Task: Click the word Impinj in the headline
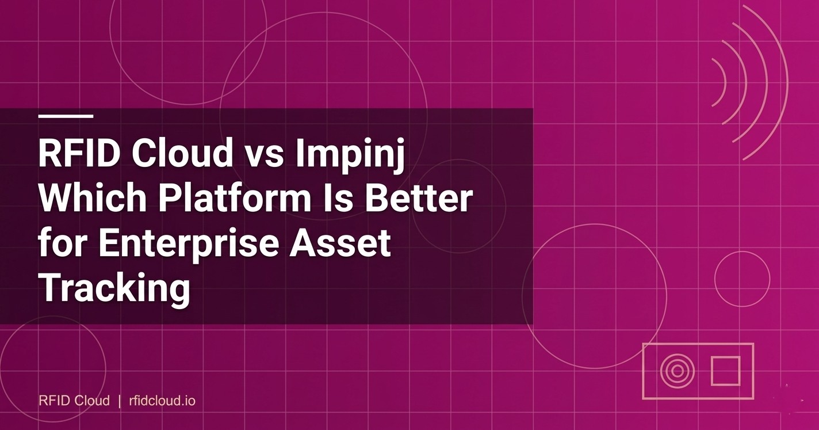pyautogui.click(x=351, y=154)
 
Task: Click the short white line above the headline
pyautogui.click(x=66, y=116)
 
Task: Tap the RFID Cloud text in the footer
pyautogui.click(x=74, y=400)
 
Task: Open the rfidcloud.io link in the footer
pyautogui.click(x=162, y=400)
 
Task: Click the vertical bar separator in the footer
pyautogui.click(x=119, y=400)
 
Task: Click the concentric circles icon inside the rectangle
pyautogui.click(x=677, y=371)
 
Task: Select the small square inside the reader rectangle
pyautogui.click(x=725, y=371)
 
